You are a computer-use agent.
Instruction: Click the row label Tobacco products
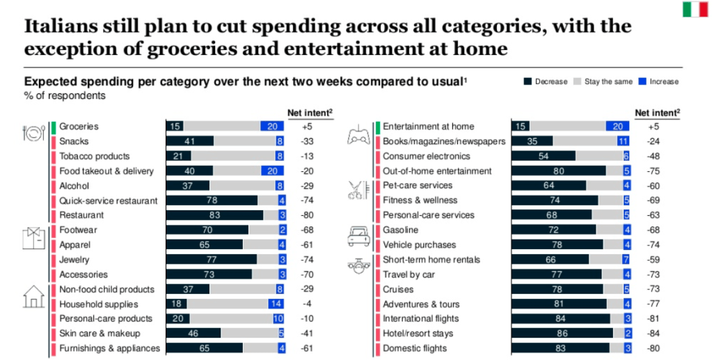(94, 156)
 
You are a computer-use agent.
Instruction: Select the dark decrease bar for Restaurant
(214, 215)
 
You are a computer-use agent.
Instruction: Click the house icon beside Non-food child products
(33, 297)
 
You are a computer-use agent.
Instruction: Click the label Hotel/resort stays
(418, 334)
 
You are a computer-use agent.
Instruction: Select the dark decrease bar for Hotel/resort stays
(562, 334)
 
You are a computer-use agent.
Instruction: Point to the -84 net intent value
(653, 334)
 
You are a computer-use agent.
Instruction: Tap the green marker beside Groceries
(52, 127)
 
